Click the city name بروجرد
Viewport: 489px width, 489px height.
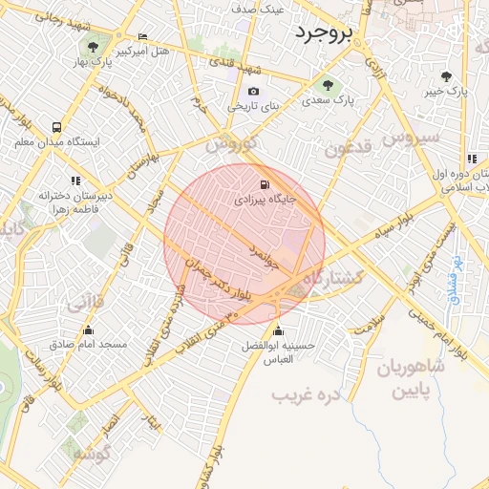tap(323, 33)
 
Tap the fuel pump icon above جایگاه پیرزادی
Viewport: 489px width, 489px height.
tap(264, 184)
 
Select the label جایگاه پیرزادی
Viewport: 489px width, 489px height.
tap(262, 202)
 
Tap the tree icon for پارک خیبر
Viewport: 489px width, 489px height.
tap(447, 75)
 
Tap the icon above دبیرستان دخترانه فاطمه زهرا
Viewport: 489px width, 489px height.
tap(75, 181)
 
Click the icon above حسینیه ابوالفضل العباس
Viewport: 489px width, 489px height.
tap(277, 332)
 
